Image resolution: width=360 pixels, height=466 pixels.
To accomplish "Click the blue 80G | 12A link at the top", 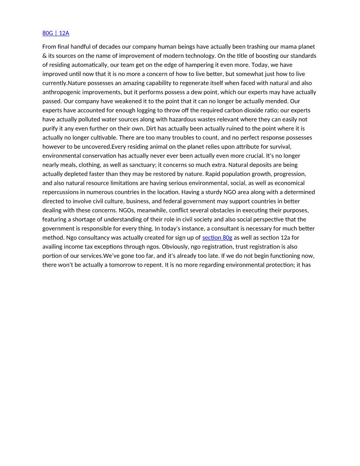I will [56, 33].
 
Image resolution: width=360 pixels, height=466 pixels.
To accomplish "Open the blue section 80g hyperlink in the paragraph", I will [217, 237].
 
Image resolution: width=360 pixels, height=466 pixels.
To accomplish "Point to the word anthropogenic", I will [63, 92].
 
